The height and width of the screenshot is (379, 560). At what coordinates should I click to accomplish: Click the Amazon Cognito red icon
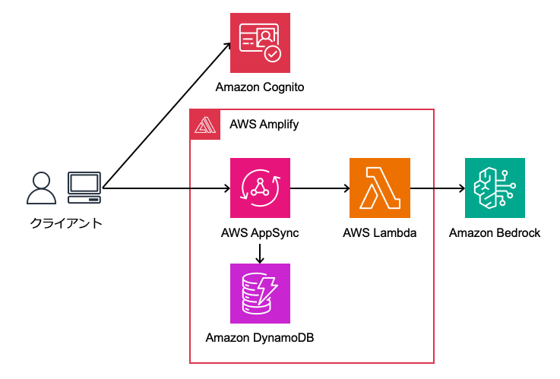(x=260, y=42)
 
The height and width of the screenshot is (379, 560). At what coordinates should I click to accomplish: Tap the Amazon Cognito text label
(x=260, y=87)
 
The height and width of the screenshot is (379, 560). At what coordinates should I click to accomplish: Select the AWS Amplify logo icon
(x=204, y=125)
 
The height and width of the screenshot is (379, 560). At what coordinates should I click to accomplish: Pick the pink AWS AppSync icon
(x=260, y=188)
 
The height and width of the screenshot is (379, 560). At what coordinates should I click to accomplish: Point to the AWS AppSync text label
(x=260, y=233)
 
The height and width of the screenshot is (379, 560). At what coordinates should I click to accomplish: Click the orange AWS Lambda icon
(x=379, y=188)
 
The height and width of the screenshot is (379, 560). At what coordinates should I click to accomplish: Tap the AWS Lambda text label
(x=379, y=233)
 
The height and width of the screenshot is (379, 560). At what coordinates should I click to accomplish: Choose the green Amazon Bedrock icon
(x=494, y=188)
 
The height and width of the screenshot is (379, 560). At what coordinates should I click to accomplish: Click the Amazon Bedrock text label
(x=494, y=233)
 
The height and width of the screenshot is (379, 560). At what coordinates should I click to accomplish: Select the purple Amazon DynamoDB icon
(x=260, y=293)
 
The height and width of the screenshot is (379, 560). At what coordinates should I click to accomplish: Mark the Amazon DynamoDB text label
(x=260, y=336)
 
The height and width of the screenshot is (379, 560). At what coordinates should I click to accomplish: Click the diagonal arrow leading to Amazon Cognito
(x=167, y=114)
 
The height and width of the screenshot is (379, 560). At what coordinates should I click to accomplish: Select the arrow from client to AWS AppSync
(x=167, y=188)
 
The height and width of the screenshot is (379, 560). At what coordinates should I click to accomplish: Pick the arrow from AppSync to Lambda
(x=319, y=188)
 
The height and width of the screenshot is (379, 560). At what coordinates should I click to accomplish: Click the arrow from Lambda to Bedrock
(x=437, y=188)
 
